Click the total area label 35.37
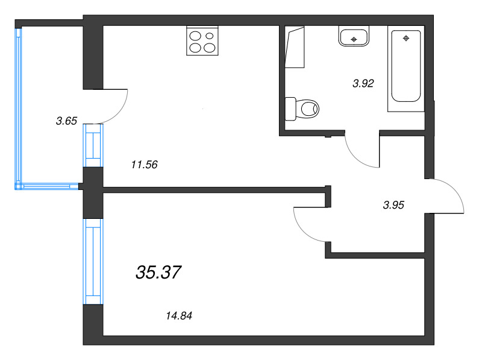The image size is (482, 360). pos(158,273)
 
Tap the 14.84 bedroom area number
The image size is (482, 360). pos(182,315)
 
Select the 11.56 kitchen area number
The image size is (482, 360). pos(144,164)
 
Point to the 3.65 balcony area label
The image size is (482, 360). pos(66,121)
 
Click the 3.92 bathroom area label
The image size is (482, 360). pos(363,84)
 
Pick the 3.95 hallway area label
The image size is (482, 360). pos(393,205)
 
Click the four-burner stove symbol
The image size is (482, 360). pos(202,42)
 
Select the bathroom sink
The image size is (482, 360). pos(354,37)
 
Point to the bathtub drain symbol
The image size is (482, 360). pos(406,39)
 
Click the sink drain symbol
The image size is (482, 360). pos(354,40)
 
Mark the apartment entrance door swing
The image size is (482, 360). pos(449,196)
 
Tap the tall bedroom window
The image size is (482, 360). pos(93,261)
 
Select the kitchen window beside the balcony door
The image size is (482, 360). pos(93,145)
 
